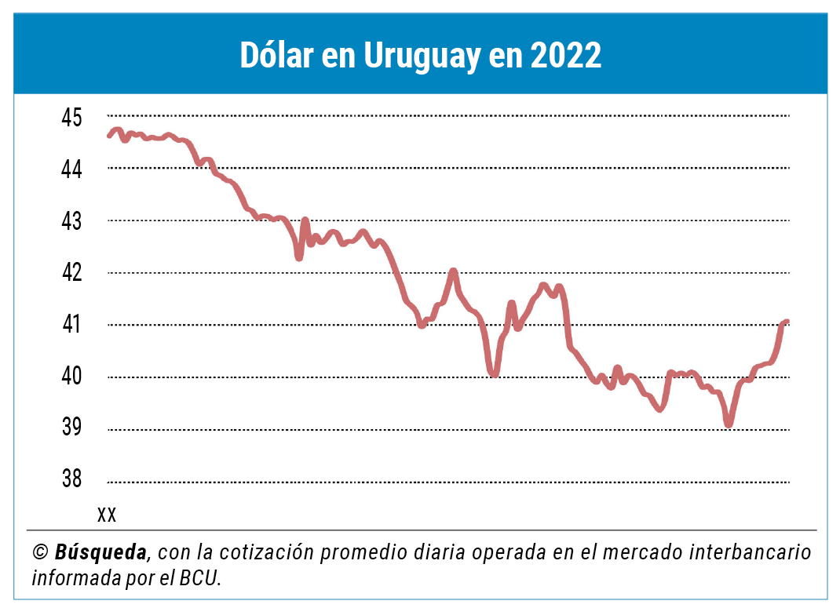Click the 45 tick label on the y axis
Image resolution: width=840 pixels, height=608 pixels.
pos(71,118)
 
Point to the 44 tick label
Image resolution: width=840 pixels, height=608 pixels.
pos(71,169)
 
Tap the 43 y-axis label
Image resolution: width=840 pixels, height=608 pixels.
pos(71,221)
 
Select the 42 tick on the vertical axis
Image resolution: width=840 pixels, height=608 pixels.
pos(71,273)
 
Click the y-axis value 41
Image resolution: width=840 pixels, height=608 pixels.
pos(71,325)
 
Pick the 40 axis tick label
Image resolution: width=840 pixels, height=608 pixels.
pos(71,377)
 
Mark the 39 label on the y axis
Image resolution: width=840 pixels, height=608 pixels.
pos(71,428)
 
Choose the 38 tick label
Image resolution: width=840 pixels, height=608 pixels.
pos(71,479)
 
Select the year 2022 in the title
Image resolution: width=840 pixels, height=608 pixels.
pos(565,56)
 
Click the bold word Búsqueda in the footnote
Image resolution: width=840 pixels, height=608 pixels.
pos(101,552)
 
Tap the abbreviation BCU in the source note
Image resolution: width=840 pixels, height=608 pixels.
pos(200,578)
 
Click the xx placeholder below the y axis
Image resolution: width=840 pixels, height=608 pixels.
pos(107,515)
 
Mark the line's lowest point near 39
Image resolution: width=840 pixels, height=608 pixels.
pos(729,424)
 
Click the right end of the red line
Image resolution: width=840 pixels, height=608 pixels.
pos(786,322)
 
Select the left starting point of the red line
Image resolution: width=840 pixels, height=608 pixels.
pos(109,136)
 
